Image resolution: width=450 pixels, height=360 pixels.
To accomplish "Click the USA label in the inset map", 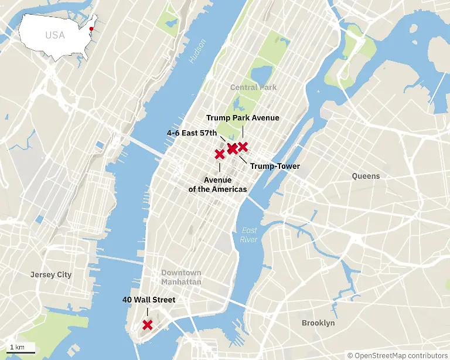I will (55, 35).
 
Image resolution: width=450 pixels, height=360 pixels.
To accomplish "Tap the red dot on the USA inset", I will (91, 28).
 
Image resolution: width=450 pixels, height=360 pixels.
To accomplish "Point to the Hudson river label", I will (197, 51).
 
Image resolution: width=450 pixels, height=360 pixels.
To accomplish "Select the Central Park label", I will (253, 87).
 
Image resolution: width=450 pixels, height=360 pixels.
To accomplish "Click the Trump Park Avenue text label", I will (243, 118).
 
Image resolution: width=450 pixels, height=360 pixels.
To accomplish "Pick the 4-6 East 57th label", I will (192, 133).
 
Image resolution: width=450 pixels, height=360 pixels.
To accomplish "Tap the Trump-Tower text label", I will (275, 167).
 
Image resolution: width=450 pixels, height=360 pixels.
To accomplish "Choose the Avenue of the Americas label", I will (217, 184).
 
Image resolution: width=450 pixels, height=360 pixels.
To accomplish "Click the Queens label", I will (366, 176).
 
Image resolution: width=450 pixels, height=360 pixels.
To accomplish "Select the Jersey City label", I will (51, 274).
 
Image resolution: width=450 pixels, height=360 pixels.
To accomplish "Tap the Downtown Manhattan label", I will (181, 277).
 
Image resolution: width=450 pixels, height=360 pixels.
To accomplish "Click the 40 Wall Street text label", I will (149, 300).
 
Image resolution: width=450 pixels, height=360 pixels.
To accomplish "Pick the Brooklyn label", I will (318, 323).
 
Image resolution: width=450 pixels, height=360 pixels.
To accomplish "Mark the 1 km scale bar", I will (22, 351).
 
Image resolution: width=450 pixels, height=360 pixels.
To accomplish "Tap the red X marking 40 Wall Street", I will (148, 324).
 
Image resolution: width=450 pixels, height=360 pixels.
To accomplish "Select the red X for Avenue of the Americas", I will (220, 154).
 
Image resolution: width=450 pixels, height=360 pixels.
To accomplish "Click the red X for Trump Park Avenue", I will (243, 146).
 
